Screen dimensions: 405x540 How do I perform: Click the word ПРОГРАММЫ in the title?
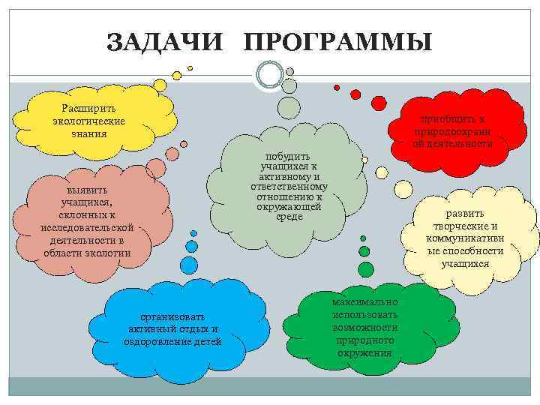337,42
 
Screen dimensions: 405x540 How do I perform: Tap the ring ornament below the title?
269,74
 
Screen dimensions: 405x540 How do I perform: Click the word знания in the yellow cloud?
89,133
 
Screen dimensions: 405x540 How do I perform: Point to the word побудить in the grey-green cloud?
289,155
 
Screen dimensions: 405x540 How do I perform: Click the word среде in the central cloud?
289,217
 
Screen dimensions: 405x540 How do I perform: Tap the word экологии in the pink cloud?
108,253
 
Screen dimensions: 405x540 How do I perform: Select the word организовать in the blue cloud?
172,316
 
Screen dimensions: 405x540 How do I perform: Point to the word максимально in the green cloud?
365,301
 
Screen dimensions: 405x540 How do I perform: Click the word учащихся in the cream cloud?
465,263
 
